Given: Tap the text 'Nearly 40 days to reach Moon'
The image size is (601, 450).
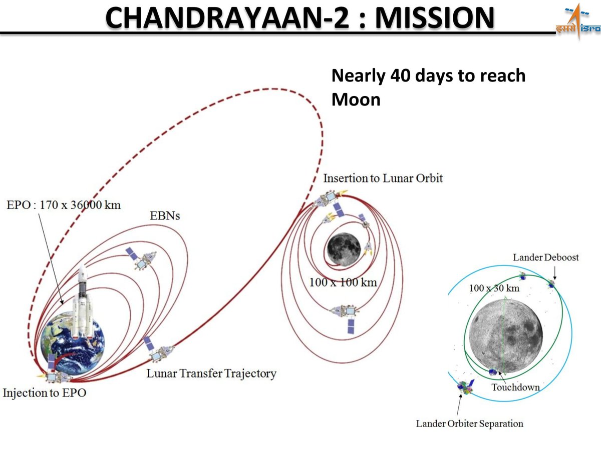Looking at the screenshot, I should pyautogui.click(x=428, y=87).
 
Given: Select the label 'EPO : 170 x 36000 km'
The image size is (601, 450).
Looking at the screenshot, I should pyautogui.click(x=63, y=205).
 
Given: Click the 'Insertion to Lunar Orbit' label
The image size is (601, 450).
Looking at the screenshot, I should pyautogui.click(x=383, y=178).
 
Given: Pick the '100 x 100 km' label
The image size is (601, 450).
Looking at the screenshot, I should pyautogui.click(x=343, y=282).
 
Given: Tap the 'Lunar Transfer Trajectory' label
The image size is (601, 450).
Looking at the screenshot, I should pyautogui.click(x=211, y=373).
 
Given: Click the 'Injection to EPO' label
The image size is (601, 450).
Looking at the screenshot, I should pyautogui.click(x=44, y=393).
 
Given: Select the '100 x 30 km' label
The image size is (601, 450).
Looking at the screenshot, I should pyautogui.click(x=494, y=288).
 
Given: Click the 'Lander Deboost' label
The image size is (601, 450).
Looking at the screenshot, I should pyautogui.click(x=546, y=257).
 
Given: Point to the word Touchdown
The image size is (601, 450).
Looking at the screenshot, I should pyautogui.click(x=515, y=387).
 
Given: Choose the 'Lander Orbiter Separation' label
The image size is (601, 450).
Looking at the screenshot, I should pyautogui.click(x=469, y=424).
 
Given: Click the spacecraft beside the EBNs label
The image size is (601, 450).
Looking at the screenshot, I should pyautogui.click(x=143, y=258).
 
